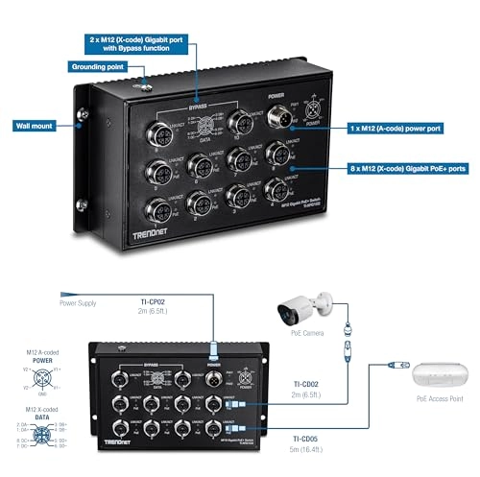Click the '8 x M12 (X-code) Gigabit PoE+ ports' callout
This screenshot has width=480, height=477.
tap(404, 167)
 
